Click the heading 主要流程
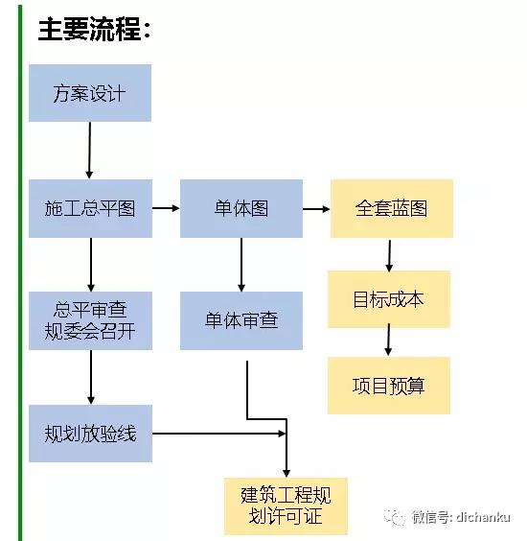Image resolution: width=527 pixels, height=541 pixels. pos(94,30)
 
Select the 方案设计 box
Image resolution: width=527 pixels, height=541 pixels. pos(89,93)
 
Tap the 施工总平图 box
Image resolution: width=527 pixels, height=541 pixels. pos(89,208)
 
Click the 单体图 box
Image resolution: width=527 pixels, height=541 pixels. pos(241,208)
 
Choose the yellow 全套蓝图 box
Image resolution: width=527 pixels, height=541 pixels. pos(391,208)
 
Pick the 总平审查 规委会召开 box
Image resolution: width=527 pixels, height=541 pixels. pos(90,320)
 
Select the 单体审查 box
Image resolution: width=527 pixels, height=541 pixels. pos(241,320)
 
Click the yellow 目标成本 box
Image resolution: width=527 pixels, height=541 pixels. pos(388,299)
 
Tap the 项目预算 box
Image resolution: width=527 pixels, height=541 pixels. pos(388,386)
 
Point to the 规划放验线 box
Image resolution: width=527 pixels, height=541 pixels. pos(90,434)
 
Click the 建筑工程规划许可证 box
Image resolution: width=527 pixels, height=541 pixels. pos(286,506)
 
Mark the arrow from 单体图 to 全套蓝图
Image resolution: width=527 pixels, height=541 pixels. pos(316,208)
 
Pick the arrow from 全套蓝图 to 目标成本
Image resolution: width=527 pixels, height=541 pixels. pos(389,254)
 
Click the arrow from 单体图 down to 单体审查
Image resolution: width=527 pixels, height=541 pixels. pos(241,265)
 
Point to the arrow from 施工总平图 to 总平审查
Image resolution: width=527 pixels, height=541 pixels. pos(90,265)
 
